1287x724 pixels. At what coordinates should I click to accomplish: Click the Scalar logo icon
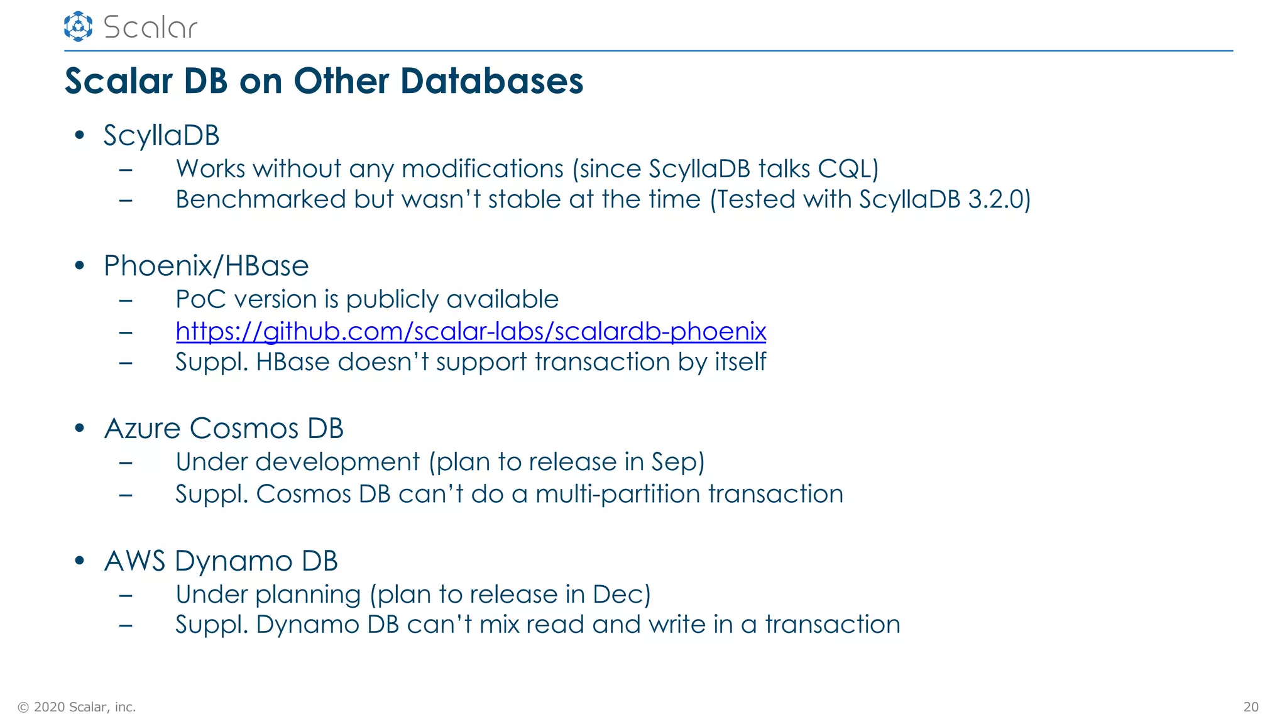point(78,26)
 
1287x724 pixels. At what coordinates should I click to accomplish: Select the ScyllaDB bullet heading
point(162,136)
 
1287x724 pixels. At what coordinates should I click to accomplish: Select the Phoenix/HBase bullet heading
point(206,266)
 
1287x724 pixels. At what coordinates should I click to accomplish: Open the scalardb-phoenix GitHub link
point(471,331)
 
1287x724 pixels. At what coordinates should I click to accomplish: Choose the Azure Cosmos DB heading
point(224,429)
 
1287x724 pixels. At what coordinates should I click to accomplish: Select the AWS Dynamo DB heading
point(221,561)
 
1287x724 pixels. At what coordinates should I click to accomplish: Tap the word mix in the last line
point(499,625)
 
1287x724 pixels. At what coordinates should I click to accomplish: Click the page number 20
point(1251,707)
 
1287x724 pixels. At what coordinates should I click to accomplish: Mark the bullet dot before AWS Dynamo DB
point(79,561)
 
